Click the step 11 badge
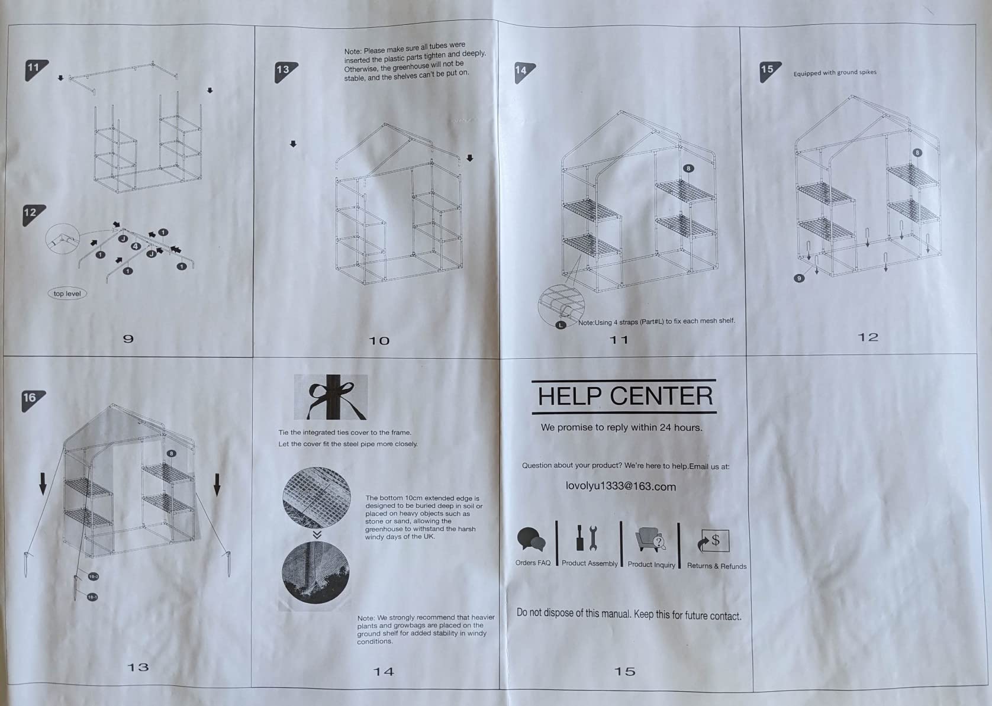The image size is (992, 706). click(x=35, y=70)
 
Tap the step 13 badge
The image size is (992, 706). click(x=284, y=71)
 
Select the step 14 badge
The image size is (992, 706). click(x=523, y=72)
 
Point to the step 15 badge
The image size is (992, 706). click(x=769, y=71)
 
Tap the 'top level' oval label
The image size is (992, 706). click(x=67, y=294)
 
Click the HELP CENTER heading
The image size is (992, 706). click(x=624, y=396)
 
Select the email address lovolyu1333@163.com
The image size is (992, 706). click(x=620, y=486)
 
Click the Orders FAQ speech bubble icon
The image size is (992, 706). click(x=531, y=539)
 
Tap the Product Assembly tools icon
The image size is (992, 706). click(x=587, y=538)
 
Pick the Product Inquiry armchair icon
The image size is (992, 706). click(x=650, y=540)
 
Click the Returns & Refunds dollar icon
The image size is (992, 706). click(x=713, y=541)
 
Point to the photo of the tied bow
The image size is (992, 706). click(x=330, y=397)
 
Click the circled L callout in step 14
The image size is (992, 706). click(x=561, y=325)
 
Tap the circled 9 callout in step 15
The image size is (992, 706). click(x=799, y=278)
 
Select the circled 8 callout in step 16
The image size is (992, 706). click(x=172, y=453)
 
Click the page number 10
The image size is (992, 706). click(x=379, y=341)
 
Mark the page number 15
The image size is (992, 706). click(x=625, y=672)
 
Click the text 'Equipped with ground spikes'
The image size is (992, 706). click(x=835, y=73)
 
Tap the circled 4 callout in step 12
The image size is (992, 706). click(x=136, y=246)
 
